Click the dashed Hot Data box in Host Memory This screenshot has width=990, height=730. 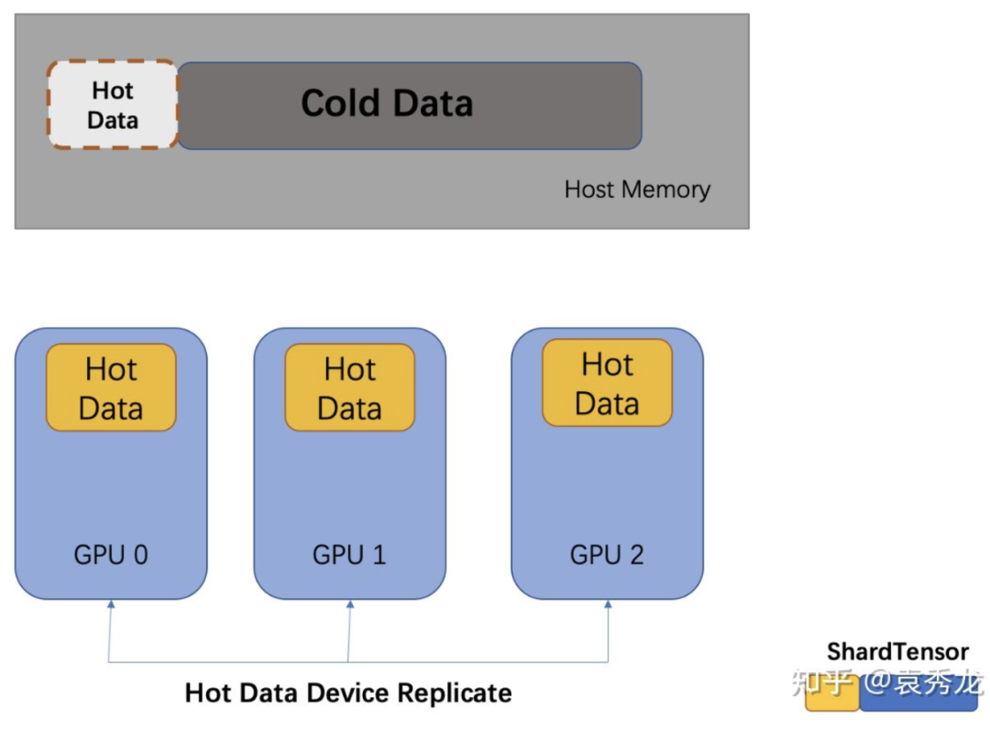pyautogui.click(x=113, y=105)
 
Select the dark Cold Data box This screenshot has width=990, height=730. pyautogui.click(x=409, y=105)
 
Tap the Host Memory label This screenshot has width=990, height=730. pyautogui.click(x=637, y=190)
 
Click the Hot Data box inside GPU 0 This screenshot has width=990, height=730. pyautogui.click(x=111, y=387)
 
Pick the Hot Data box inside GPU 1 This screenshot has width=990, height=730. pyautogui.click(x=349, y=387)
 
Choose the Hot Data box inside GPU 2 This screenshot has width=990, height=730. pyautogui.click(x=607, y=383)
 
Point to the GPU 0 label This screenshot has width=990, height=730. pyautogui.click(x=111, y=554)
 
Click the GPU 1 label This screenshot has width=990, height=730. pyautogui.click(x=349, y=554)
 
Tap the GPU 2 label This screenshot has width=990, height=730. pyautogui.click(x=607, y=554)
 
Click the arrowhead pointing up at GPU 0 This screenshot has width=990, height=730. pyautogui.click(x=110, y=605)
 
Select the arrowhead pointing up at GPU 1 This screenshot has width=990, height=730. pyautogui.click(x=349, y=605)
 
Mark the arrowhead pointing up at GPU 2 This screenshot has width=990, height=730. pyautogui.click(x=608, y=605)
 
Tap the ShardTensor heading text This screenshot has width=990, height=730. pyautogui.click(x=897, y=652)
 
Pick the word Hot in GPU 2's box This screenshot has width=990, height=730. pyautogui.click(x=607, y=365)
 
